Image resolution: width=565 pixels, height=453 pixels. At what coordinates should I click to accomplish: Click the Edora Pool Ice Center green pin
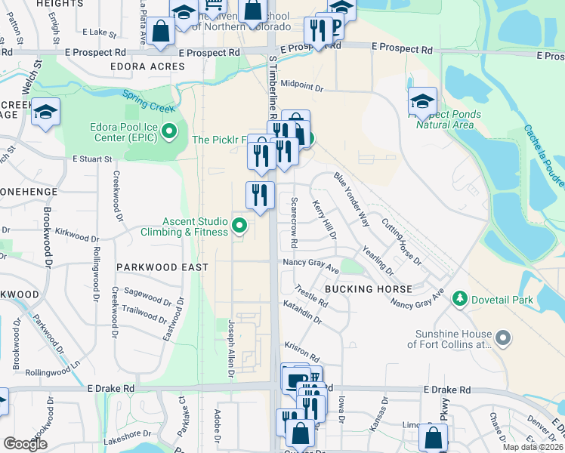point(169,133)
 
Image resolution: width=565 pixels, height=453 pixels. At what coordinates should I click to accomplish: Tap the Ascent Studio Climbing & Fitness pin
point(239,224)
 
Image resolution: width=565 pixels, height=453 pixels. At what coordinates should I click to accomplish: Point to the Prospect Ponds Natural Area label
point(449,119)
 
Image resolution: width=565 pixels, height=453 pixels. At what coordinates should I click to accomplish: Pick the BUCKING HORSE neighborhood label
point(368,289)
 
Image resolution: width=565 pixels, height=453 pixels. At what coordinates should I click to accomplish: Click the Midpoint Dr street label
point(302,88)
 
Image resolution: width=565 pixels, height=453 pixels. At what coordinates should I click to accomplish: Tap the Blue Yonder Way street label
point(352,199)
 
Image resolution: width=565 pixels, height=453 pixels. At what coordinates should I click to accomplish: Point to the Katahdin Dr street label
point(303,314)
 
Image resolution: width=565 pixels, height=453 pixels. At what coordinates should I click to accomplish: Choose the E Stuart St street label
point(92,159)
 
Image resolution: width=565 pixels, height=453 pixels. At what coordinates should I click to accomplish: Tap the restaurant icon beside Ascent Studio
point(260,195)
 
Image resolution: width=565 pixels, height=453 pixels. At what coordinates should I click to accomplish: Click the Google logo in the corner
point(25,443)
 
